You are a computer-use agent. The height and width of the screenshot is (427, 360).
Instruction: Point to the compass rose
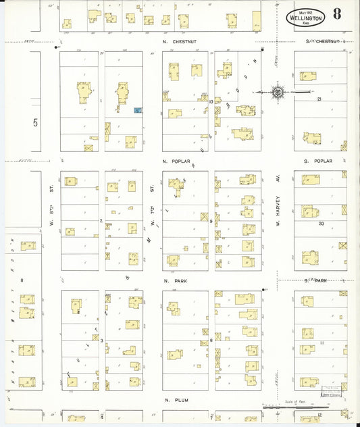(x=278, y=91)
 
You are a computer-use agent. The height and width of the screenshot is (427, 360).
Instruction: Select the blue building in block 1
(x=138, y=109)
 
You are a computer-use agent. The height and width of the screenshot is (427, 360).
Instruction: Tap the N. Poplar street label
(x=174, y=162)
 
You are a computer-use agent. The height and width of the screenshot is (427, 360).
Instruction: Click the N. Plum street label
(x=174, y=400)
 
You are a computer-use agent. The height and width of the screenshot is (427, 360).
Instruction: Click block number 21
(x=319, y=99)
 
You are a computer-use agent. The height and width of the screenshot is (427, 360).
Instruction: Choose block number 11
(x=322, y=343)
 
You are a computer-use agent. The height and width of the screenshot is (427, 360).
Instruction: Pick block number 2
(x=101, y=220)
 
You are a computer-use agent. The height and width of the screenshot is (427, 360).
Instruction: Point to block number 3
(x=101, y=341)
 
